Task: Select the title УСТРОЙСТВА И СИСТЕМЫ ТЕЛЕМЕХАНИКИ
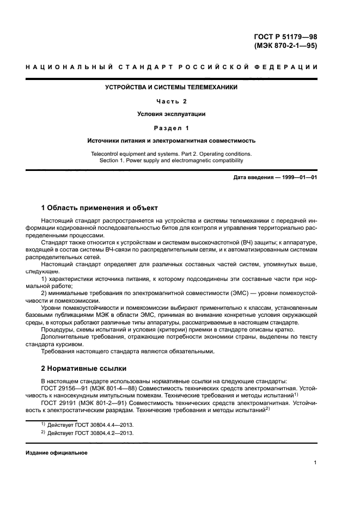171,87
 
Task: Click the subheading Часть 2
171,101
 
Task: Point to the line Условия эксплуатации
171,114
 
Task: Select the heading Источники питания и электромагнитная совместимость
171,140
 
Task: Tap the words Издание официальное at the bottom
56,453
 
